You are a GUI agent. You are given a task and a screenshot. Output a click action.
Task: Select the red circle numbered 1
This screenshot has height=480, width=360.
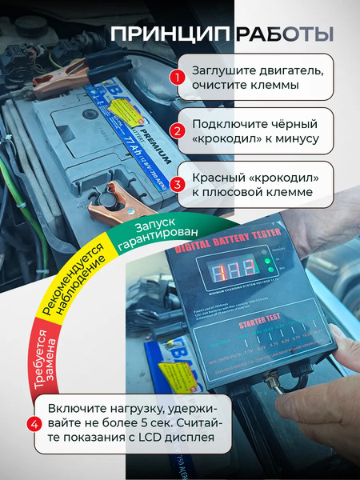177,78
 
